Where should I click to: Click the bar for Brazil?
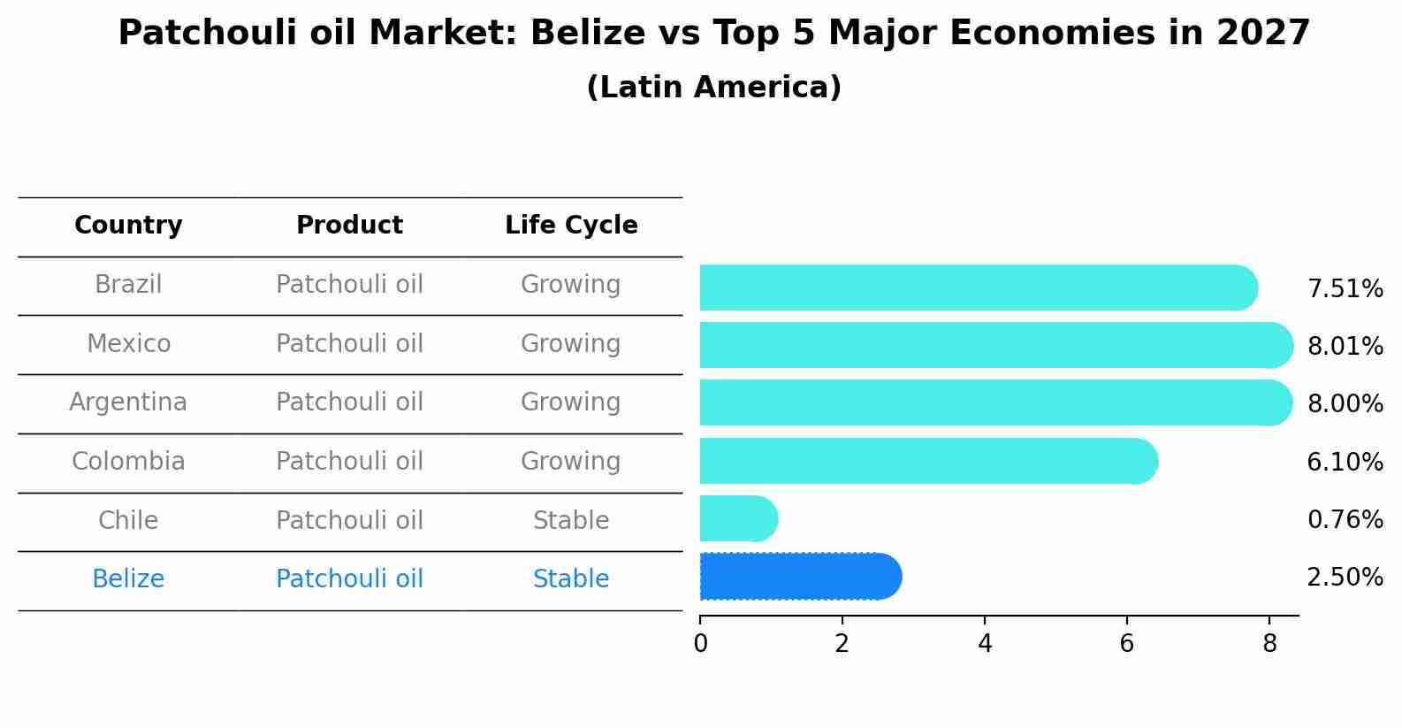[977, 287]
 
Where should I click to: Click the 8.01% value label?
[1345, 347]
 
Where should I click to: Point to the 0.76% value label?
[1345, 520]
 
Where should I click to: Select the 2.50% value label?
[1345, 578]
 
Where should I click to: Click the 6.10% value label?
[1345, 462]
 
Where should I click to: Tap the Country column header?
[128, 226]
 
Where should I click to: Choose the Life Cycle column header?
[571, 226]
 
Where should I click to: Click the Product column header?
[349, 226]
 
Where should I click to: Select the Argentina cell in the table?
[128, 402]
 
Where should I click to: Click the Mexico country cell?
[128, 343]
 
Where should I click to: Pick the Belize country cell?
[128, 579]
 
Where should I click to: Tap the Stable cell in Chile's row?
[571, 520]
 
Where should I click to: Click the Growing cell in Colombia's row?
[571, 461]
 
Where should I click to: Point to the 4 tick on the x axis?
[985, 643]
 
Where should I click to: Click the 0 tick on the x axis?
[700, 643]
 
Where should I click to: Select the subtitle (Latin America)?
[713, 88]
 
